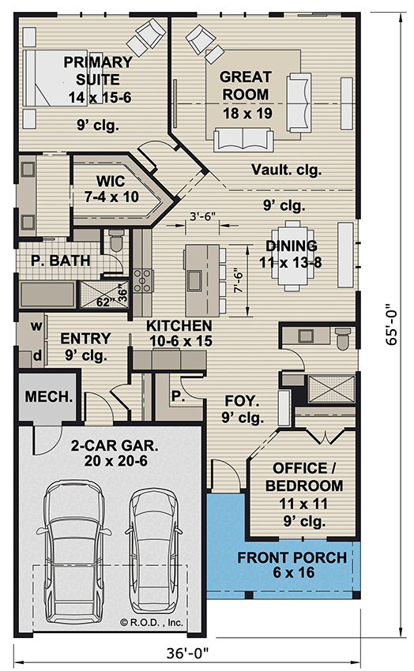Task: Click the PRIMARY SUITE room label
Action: click(x=98, y=80)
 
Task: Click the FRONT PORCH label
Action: click(x=292, y=566)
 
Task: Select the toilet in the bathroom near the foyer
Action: click(x=342, y=339)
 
